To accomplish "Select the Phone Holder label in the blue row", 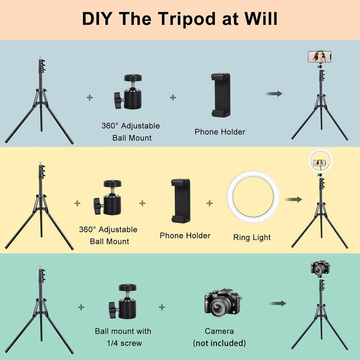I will click(220, 132).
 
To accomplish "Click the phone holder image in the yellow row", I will click(180, 200).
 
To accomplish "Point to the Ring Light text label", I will click(252, 237).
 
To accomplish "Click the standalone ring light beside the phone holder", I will click(252, 199).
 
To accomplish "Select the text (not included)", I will click(219, 343).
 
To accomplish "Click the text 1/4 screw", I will click(123, 343).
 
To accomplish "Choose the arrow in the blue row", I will click(273, 93).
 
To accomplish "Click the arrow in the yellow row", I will click(294, 199).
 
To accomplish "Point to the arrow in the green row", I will click(277, 303).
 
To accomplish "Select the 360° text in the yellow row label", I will click(87, 229).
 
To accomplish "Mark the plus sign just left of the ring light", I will click(209, 203).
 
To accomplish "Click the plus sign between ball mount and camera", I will click(162, 307).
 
